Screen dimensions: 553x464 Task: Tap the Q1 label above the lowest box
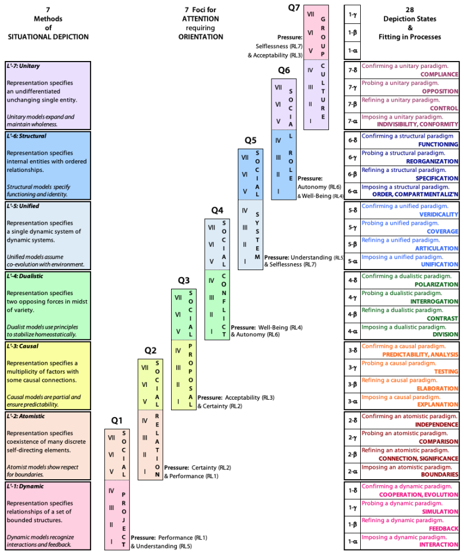[x=117, y=421]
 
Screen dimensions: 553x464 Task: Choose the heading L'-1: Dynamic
[x=24, y=486]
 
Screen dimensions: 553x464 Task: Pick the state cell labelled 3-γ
[x=352, y=367]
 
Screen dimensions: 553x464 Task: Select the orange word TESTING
[x=446, y=372]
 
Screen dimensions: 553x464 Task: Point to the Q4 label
[x=217, y=210]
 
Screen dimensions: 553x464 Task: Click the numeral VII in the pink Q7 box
[x=310, y=13]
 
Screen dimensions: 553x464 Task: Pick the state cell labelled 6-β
[x=352, y=174]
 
